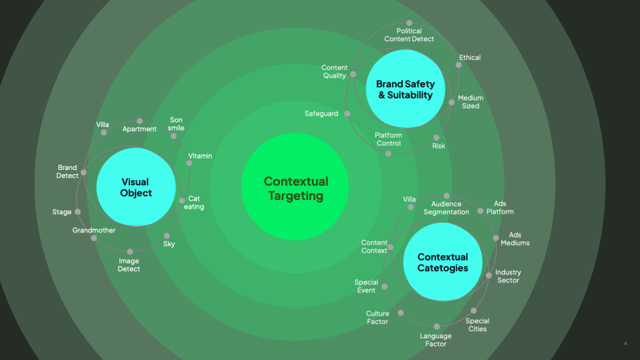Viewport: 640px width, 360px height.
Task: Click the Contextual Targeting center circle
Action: (295, 188)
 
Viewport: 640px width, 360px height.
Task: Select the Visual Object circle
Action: (136, 187)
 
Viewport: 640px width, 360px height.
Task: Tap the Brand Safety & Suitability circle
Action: (405, 89)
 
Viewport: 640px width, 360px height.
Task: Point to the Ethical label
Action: (470, 57)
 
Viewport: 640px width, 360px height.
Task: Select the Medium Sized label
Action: (471, 102)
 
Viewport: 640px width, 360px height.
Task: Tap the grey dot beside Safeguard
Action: (347, 114)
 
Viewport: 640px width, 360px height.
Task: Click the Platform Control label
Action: (388, 139)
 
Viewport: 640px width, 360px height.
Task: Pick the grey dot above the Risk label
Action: (436, 137)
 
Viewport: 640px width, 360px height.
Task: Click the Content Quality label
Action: (334, 72)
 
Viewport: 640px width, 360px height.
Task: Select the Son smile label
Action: (176, 124)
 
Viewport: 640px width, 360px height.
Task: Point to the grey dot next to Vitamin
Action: (189, 163)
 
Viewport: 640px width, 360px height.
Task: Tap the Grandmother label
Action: (94, 231)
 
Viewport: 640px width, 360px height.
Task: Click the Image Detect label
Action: (129, 265)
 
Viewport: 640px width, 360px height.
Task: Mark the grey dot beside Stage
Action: (77, 212)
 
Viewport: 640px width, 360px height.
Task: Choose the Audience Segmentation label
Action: (446, 207)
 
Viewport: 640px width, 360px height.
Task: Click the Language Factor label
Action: (436, 340)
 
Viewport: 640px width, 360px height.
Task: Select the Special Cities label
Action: (477, 325)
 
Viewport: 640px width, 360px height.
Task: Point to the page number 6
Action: (626, 343)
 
